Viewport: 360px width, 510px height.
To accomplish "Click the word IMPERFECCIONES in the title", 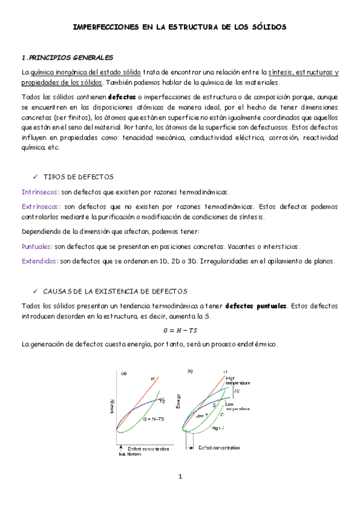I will click(105, 27).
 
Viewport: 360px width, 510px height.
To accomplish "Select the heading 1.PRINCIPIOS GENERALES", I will click(67, 58).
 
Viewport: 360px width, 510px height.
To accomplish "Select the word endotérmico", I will click(258, 345).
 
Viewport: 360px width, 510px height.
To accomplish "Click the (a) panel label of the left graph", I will click(124, 373).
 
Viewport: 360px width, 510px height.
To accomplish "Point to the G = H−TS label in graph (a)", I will click(154, 419).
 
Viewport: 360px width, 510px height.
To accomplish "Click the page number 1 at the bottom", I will click(180, 477).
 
